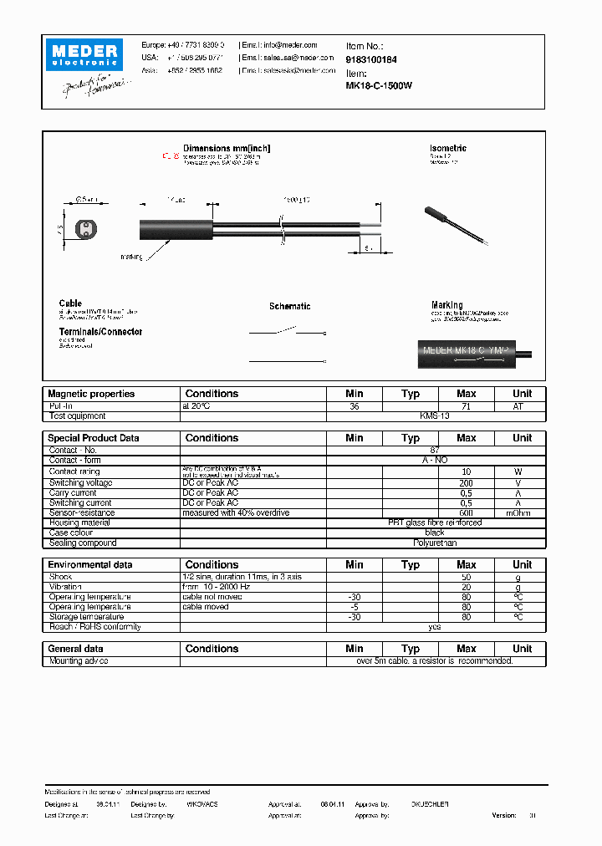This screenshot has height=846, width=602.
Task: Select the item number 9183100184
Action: pyautogui.click(x=371, y=60)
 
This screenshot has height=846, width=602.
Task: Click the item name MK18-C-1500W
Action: pyautogui.click(x=379, y=85)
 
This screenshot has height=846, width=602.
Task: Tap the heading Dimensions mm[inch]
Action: pyautogui.click(x=226, y=148)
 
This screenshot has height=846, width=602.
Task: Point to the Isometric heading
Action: pyautogui.click(x=447, y=148)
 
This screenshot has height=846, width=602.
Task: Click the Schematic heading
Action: pyautogui.click(x=289, y=307)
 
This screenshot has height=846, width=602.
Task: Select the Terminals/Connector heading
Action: pyautogui.click(x=100, y=332)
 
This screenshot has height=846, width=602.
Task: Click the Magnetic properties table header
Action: pyautogui.click(x=91, y=394)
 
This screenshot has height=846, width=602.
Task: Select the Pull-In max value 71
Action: pyautogui.click(x=466, y=405)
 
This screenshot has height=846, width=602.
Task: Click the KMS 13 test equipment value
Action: pyautogui.click(x=434, y=415)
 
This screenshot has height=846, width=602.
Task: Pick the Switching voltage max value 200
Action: pyautogui.click(x=466, y=483)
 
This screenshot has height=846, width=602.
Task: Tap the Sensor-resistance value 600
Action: pyautogui.click(x=466, y=513)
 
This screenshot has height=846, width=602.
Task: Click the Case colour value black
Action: pyautogui.click(x=434, y=533)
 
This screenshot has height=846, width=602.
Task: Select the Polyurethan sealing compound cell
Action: pyautogui.click(x=434, y=543)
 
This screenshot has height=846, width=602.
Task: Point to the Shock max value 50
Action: pyautogui.click(x=466, y=577)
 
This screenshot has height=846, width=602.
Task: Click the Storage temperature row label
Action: pyautogui.click(x=88, y=617)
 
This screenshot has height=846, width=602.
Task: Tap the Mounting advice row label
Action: pyautogui.click(x=79, y=660)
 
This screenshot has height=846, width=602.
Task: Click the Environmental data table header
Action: pyautogui.click(x=90, y=565)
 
